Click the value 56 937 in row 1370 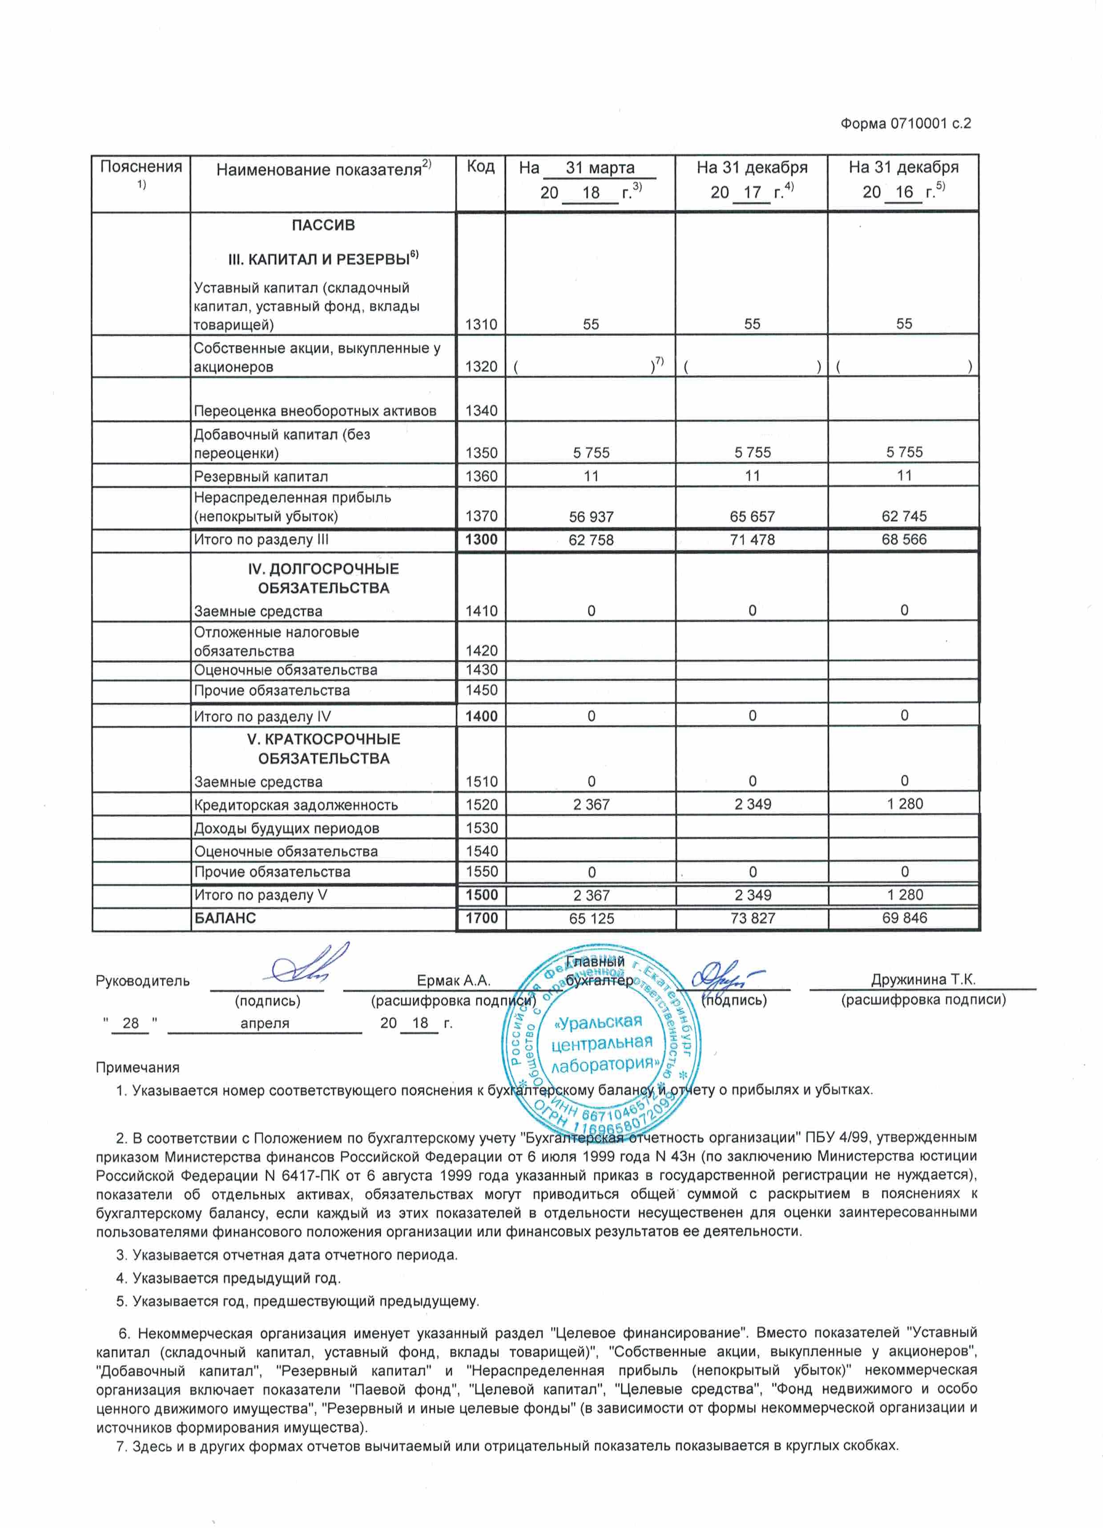click(x=591, y=517)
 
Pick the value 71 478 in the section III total click(x=752, y=540)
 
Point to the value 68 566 click(x=904, y=540)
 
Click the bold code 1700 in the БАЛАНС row click(x=481, y=917)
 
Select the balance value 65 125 click(x=591, y=918)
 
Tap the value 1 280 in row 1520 click(x=904, y=804)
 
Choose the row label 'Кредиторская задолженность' click(x=296, y=805)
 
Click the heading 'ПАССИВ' click(x=323, y=225)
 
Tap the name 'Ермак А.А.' click(x=454, y=981)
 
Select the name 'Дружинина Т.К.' click(x=922, y=980)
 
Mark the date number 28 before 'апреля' click(x=131, y=1023)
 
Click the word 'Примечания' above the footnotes click(x=137, y=1068)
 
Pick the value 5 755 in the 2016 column click(x=904, y=452)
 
